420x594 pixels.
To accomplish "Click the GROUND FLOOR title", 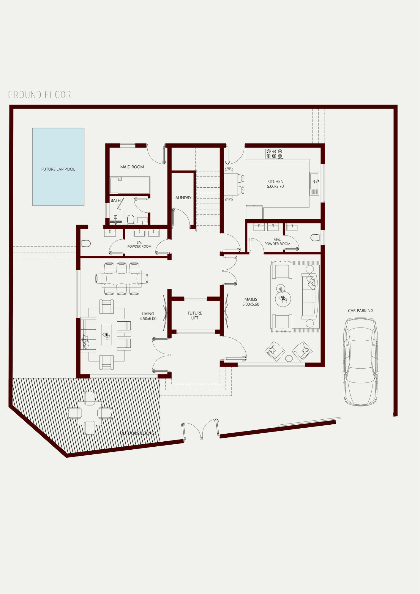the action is point(40,95).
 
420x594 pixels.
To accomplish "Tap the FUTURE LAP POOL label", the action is point(58,169).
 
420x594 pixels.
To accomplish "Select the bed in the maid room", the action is point(130,185).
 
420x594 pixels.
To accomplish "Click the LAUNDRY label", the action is point(182,198).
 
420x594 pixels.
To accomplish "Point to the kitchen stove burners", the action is point(274,154).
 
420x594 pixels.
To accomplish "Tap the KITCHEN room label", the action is point(275,184).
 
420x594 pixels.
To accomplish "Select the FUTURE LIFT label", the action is point(195,315).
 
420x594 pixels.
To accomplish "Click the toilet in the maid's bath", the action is point(131,219).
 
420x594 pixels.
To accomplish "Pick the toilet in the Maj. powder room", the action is point(315,238).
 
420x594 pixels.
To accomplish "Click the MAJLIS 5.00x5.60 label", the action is point(251,302).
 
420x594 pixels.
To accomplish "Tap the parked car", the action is point(361,362).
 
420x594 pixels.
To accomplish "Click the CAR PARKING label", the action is point(361,311).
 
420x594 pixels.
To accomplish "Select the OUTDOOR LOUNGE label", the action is point(138,433).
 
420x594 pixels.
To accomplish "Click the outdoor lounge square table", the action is point(90,413).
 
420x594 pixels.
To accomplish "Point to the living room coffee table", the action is point(106,334).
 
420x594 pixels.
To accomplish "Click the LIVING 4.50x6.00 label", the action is point(148,316).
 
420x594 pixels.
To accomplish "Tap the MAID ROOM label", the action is point(132,167).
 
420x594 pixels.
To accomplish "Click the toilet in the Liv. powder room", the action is point(86,244).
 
